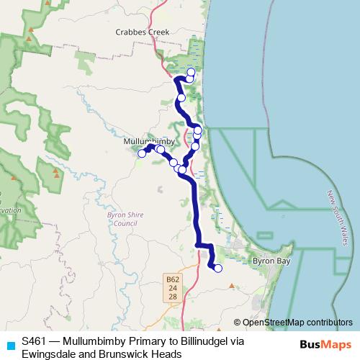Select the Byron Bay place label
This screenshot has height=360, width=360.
[x=271, y=261]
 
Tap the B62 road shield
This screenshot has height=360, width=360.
[x=172, y=279]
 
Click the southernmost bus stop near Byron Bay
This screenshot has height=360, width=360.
[x=218, y=269]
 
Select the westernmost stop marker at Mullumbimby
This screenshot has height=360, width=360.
[x=142, y=153]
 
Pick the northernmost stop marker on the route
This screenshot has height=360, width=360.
[x=191, y=72]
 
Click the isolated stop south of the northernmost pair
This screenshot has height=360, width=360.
[x=181, y=98]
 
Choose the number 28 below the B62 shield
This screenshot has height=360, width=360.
[x=172, y=297]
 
